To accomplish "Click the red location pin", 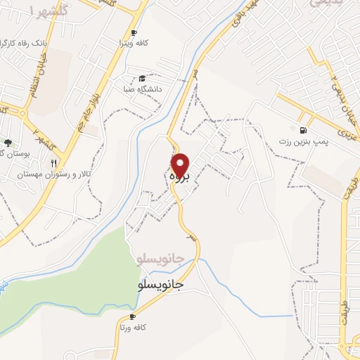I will click(182, 165).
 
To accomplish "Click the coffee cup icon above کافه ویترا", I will click(134, 33).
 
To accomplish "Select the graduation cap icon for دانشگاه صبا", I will click(141, 78).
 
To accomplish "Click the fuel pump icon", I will click(303, 130).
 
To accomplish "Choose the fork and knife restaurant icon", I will click(53, 163).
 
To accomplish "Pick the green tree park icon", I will click(8, 143).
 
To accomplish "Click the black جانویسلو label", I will click(160, 285).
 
